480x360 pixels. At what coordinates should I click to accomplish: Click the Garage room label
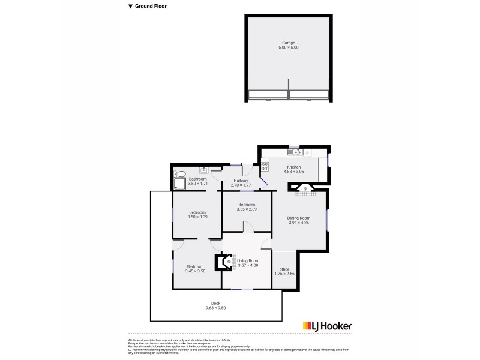pos(289,43)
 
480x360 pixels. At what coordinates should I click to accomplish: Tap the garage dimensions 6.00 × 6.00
pos(289,47)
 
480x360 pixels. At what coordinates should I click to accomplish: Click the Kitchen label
pos(293,167)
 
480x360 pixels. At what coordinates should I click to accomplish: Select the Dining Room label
pos(299,218)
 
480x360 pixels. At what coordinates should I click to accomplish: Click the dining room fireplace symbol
pos(305,190)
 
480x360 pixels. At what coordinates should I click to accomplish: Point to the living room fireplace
pos(223,262)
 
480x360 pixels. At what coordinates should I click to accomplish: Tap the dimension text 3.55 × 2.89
pos(247,209)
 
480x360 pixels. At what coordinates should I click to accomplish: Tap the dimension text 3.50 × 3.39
pos(197,217)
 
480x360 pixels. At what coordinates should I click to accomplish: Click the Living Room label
pos(248,260)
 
